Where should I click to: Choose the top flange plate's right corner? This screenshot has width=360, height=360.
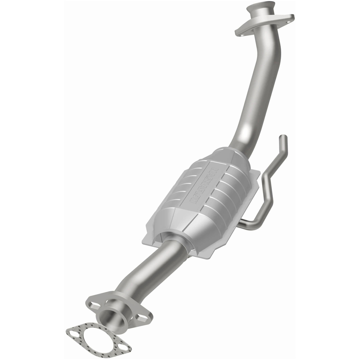292,17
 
